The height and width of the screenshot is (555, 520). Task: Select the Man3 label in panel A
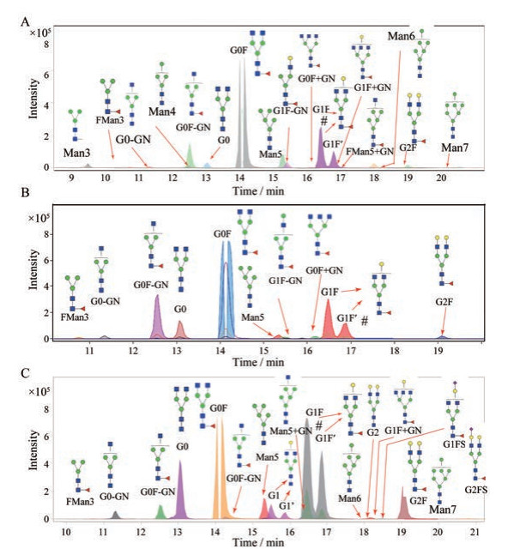pyautogui.click(x=78, y=153)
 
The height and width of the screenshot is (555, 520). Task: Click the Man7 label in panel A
pyautogui.click(x=454, y=148)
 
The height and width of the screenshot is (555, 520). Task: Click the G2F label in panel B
pyautogui.click(x=443, y=302)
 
